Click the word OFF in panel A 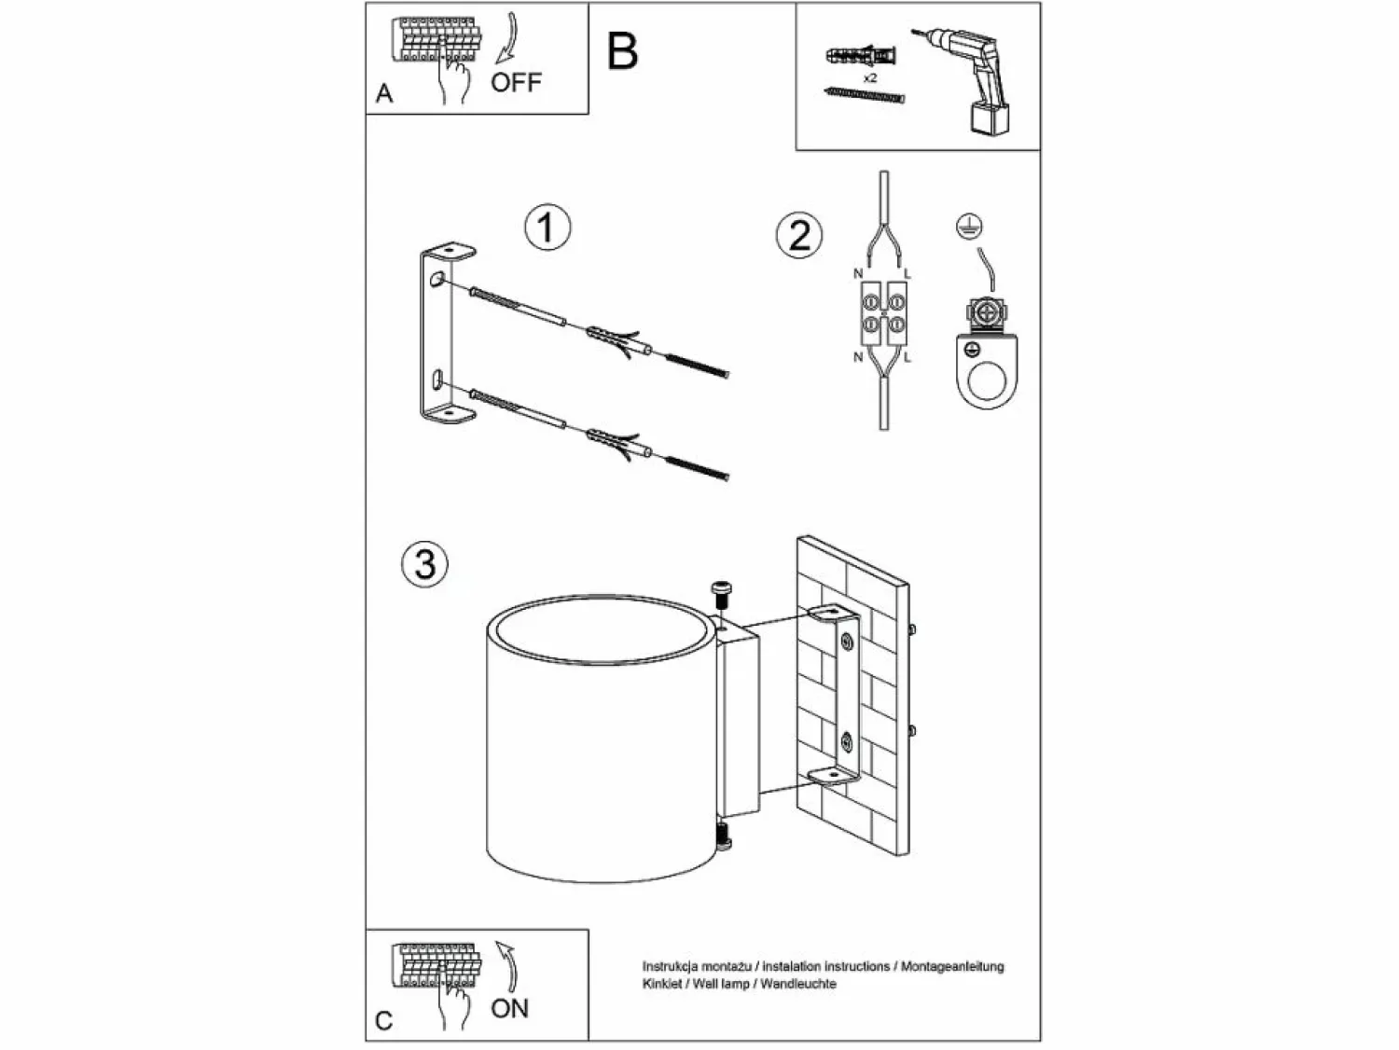point(516,82)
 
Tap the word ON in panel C point(510,1008)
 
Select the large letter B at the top point(622,51)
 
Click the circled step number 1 point(547,228)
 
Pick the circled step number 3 point(424,564)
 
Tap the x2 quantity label point(869,77)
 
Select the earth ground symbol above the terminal point(969,227)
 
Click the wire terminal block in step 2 point(884,313)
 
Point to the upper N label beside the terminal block point(858,273)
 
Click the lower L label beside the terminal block point(907,357)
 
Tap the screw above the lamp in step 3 point(722,595)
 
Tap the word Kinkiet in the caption point(661,984)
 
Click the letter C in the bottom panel point(383,1021)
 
